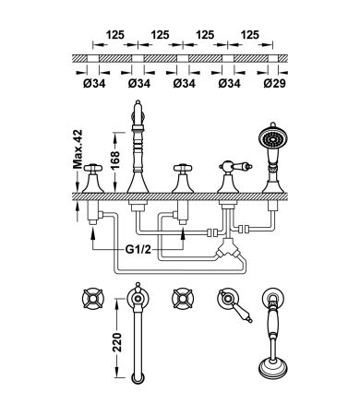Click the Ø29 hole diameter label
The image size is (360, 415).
pyautogui.click(x=274, y=83)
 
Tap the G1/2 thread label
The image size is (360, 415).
pyautogui.click(x=138, y=249)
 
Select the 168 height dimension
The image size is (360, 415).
pyautogui.click(x=115, y=160)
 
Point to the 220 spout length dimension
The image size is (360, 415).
pyautogui.click(x=117, y=342)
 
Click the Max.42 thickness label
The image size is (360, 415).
pyautogui.click(x=78, y=149)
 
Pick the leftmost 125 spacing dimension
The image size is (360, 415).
pyautogui.click(x=115, y=35)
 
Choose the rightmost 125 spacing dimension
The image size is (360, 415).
pyautogui.click(x=250, y=35)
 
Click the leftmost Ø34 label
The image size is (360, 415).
pyautogui.click(x=94, y=83)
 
